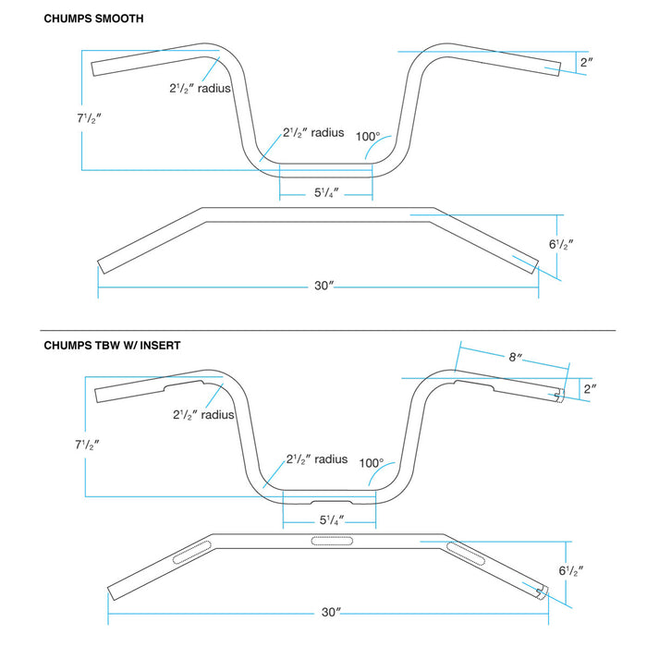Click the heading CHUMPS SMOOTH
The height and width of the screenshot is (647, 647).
93,18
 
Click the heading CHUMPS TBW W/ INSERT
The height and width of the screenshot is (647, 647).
112,345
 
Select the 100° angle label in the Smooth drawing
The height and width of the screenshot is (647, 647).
369,136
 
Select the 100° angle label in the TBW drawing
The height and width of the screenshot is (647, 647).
372,463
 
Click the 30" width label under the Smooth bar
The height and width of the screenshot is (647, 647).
323,287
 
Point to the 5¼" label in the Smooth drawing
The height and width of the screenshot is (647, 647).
326,192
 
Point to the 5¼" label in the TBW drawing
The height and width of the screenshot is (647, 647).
330,519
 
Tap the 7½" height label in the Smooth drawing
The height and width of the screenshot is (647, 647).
90,117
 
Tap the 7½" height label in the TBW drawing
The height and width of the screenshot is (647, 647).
89,444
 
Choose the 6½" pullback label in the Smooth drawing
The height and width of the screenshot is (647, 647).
561,245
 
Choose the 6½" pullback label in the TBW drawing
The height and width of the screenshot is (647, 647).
570,570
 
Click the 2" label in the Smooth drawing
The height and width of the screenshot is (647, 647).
586,63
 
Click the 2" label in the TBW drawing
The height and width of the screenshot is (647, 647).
590,389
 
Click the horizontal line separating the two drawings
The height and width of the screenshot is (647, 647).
326,330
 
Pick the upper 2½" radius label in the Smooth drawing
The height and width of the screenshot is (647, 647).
199,89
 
